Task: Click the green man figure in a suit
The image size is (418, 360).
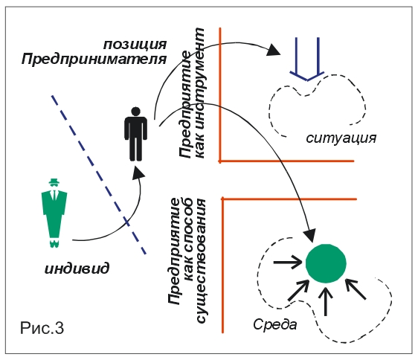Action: (x=54, y=213)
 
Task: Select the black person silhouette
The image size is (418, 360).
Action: (x=135, y=134)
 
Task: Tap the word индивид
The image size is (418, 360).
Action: (x=77, y=268)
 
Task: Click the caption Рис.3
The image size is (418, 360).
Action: (x=42, y=328)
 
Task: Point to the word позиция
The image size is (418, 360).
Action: (x=135, y=45)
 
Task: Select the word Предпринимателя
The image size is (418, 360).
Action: (x=94, y=59)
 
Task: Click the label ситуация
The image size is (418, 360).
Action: (x=341, y=138)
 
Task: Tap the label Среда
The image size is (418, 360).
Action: (x=275, y=324)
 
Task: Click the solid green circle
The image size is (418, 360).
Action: (x=326, y=263)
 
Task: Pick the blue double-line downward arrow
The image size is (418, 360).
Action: (x=307, y=60)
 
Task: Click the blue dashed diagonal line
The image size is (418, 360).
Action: (x=99, y=175)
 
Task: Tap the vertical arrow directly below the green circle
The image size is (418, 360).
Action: (x=326, y=301)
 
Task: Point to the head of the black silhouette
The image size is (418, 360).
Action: (x=135, y=112)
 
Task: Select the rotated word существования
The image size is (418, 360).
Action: (x=202, y=261)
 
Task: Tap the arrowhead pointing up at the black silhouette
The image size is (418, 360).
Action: (x=138, y=173)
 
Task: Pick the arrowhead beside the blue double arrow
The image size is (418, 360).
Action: (x=274, y=50)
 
